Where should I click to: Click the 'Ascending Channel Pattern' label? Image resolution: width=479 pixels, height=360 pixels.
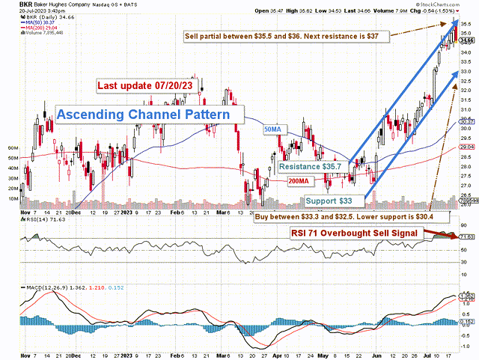click(x=150, y=115)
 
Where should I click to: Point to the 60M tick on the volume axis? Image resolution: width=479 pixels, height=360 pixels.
click(x=13, y=148)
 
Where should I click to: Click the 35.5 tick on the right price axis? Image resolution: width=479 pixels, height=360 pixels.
click(x=466, y=23)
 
